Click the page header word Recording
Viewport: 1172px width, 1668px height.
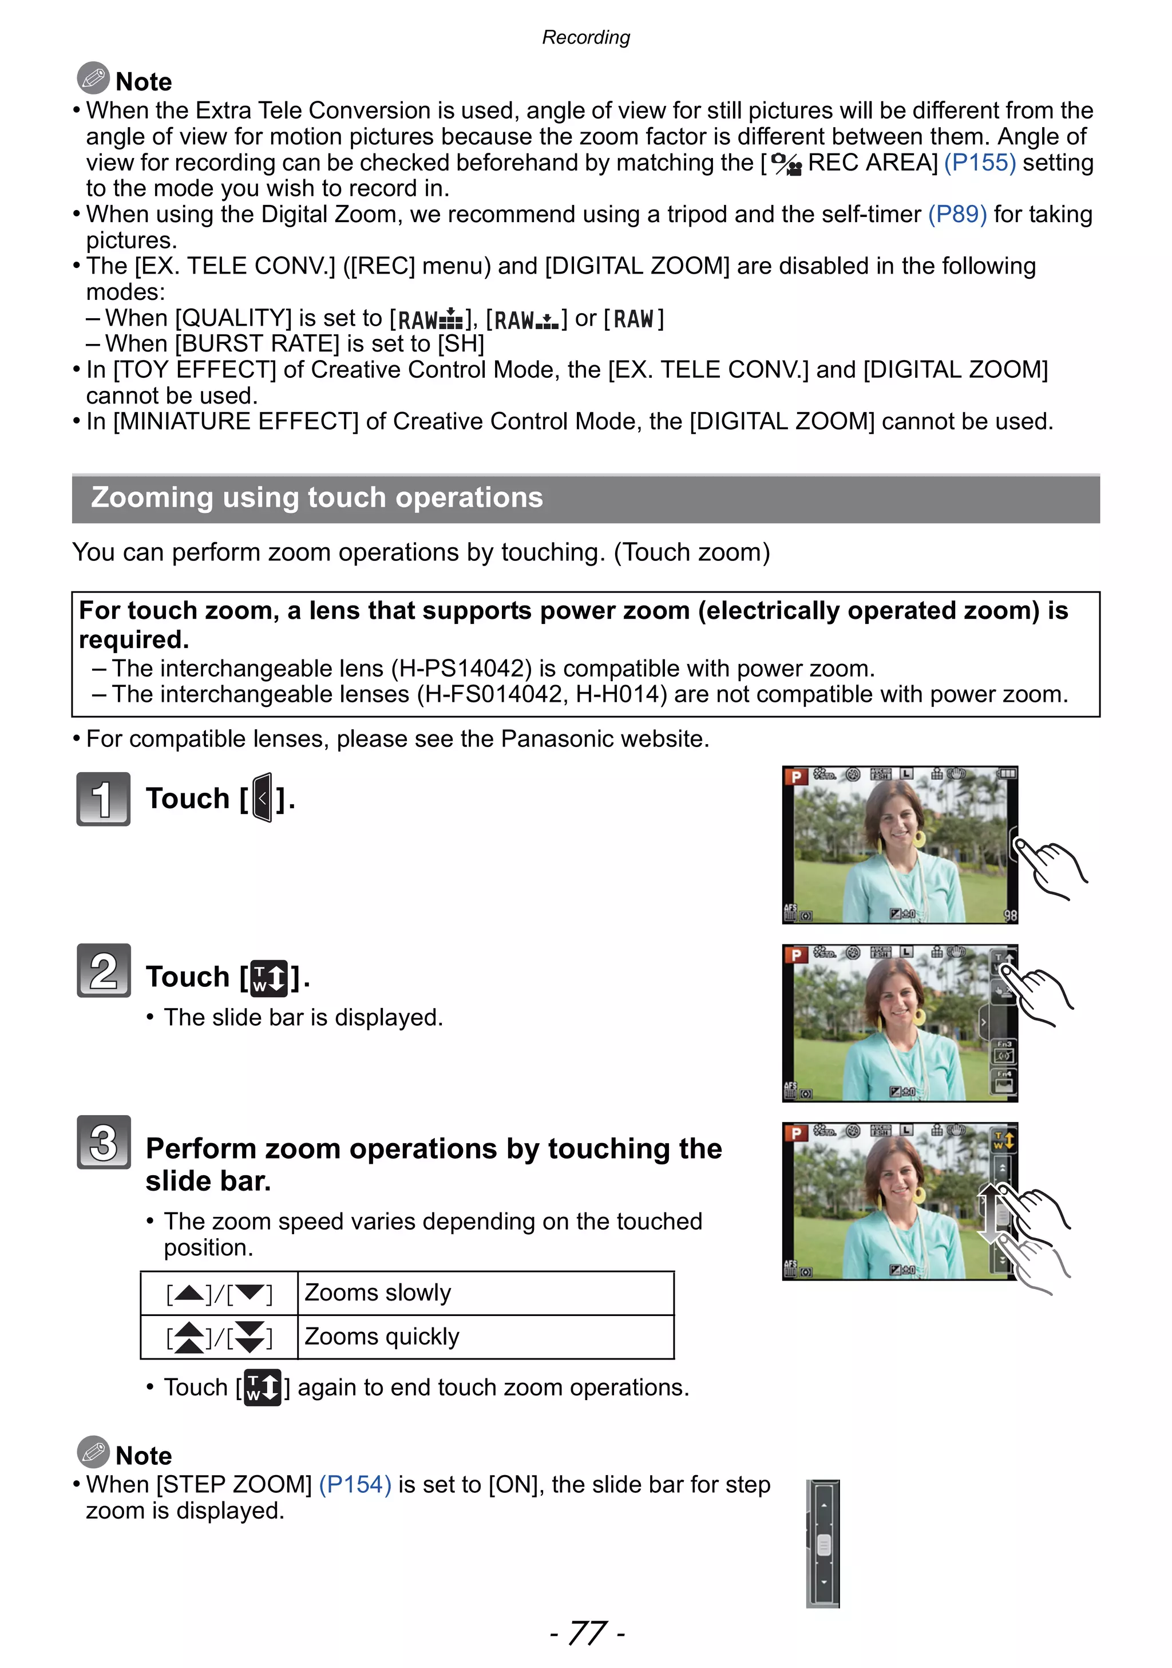pyautogui.click(x=585, y=37)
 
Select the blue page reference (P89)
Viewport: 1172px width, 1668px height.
pyautogui.click(x=956, y=214)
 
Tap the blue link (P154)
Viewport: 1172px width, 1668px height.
pyautogui.click(x=355, y=1484)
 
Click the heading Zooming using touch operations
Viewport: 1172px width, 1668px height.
pyautogui.click(x=316, y=497)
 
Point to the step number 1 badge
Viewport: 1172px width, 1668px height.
pyautogui.click(x=103, y=799)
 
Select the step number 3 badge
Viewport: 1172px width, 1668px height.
pyautogui.click(x=103, y=1141)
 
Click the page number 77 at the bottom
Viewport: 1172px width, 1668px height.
pyautogui.click(x=587, y=1633)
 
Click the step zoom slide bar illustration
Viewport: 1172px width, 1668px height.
pyautogui.click(x=823, y=1543)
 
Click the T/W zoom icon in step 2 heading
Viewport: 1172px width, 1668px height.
pyautogui.click(x=268, y=977)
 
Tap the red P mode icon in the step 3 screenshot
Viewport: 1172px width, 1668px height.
pyautogui.click(x=796, y=1133)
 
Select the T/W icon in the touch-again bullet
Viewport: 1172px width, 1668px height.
pyautogui.click(x=262, y=1387)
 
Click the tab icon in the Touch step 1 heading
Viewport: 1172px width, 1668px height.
pyautogui.click(x=263, y=798)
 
